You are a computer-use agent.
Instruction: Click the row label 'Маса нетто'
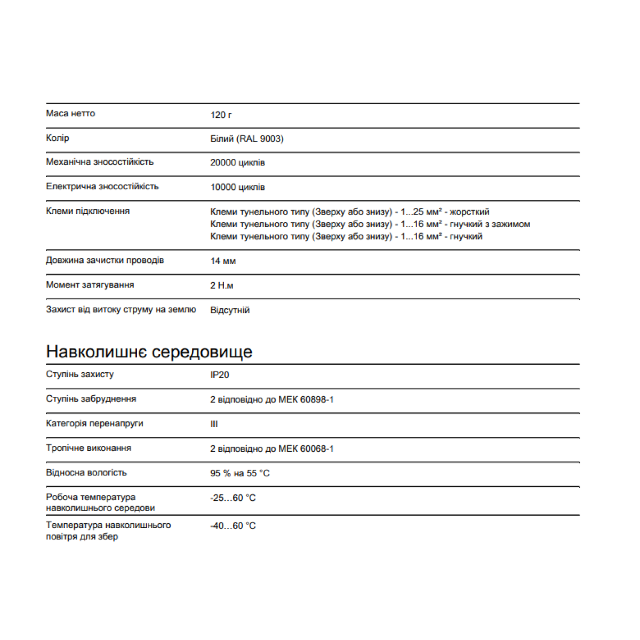70,114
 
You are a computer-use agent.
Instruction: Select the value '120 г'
221,115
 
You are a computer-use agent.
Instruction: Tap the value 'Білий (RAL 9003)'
247,139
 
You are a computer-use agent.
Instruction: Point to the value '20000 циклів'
237,163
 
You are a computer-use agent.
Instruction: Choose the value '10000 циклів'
237,187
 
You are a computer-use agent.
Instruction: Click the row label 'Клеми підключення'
87,211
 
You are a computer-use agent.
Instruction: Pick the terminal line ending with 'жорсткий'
350,212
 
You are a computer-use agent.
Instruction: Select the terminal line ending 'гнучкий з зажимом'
370,224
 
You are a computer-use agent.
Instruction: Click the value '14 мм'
223,261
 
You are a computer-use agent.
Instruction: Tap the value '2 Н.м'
222,285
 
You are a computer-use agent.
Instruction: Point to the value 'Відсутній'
230,310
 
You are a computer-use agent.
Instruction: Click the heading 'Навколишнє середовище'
149,351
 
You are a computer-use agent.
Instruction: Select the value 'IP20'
220,375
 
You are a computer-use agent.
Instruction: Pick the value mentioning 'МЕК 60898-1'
272,399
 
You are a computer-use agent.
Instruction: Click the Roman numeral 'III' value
214,424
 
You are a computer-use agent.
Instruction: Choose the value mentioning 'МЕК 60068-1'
272,449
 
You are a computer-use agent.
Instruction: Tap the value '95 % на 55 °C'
240,473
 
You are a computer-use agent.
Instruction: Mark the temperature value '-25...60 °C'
233,498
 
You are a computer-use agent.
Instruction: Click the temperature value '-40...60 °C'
233,526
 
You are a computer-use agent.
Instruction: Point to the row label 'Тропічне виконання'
89,448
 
